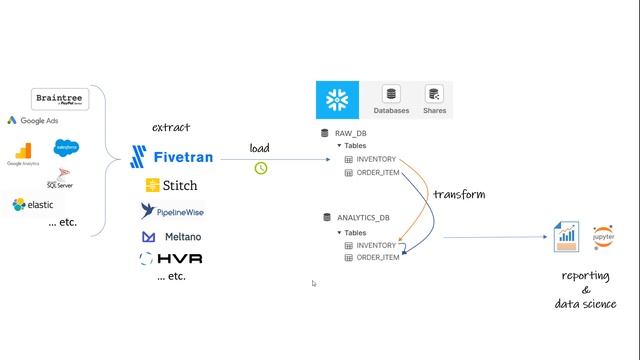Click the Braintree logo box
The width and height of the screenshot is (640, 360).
pyautogui.click(x=60, y=99)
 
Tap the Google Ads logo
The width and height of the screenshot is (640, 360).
pyautogui.click(x=33, y=121)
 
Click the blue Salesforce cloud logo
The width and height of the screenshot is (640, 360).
pyautogui.click(x=67, y=148)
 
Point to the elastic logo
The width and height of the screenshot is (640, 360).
pyautogui.click(x=33, y=204)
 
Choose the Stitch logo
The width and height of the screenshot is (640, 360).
pyautogui.click(x=171, y=185)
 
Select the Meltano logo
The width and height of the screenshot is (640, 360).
pyautogui.click(x=169, y=237)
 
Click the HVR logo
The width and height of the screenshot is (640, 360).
pyautogui.click(x=172, y=258)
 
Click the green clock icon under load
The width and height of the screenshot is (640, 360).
pyautogui.click(x=261, y=167)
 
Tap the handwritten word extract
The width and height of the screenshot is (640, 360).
pyautogui.click(x=171, y=128)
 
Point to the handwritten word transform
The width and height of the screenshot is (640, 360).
pyautogui.click(x=458, y=194)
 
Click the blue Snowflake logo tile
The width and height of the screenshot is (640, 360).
pyautogui.click(x=338, y=101)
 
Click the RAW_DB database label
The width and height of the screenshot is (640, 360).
pyautogui.click(x=350, y=133)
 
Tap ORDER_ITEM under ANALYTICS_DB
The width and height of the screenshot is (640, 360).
pyautogui.click(x=377, y=258)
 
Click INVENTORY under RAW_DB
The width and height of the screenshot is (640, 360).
pyautogui.click(x=376, y=159)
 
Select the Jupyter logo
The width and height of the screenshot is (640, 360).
pyautogui.click(x=603, y=237)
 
